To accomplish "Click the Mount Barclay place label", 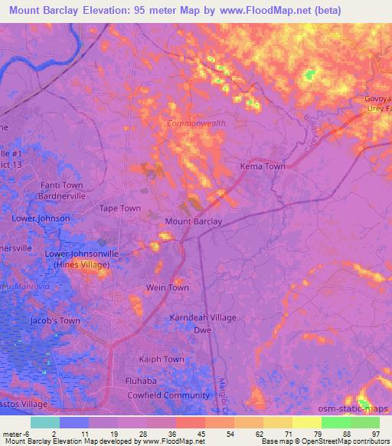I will [194, 221].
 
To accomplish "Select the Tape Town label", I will [120, 208].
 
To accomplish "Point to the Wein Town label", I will [167, 287].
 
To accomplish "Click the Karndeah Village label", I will [203, 317].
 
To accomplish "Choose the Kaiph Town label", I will [161, 359].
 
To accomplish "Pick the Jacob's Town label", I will [54, 321].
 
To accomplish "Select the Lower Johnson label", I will [41, 218].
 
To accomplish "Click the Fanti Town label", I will [61, 185].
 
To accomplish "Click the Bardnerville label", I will [61, 195].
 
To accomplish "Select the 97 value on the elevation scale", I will [376, 434].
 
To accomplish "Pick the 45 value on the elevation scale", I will [201, 434].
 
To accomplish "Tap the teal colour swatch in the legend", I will [45, 422].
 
